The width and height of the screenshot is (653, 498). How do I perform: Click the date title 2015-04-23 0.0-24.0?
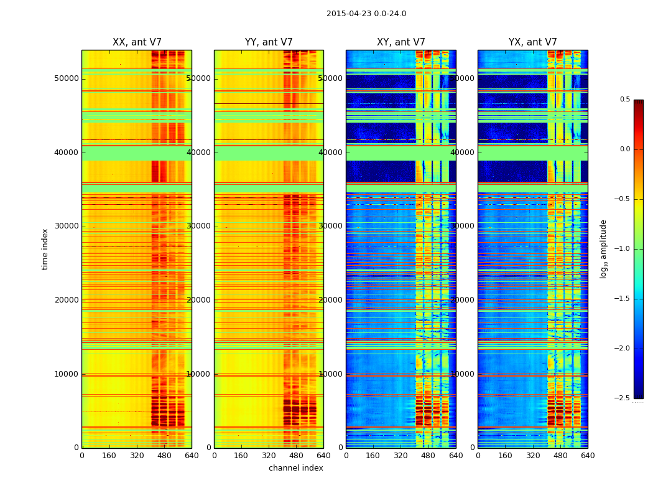pyautogui.click(x=366, y=14)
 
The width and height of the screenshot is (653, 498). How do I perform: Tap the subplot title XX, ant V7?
pyautogui.click(x=137, y=42)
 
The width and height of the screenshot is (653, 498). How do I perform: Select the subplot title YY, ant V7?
pyautogui.click(x=269, y=42)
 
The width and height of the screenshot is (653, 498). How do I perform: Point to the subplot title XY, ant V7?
pyautogui.click(x=401, y=42)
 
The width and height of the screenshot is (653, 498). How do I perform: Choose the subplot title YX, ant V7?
pyautogui.click(x=533, y=42)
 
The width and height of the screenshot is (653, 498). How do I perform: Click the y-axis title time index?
pyautogui.click(x=45, y=249)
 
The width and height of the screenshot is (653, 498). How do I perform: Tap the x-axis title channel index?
pyautogui.click(x=296, y=468)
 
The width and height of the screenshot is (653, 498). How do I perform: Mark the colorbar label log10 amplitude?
pyautogui.click(x=603, y=249)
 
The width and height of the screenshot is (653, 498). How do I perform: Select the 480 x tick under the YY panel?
pyautogui.click(x=296, y=456)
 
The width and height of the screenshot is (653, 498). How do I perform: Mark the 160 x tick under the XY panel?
pyautogui.click(x=373, y=456)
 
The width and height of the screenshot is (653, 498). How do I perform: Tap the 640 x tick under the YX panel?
pyautogui.click(x=588, y=456)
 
